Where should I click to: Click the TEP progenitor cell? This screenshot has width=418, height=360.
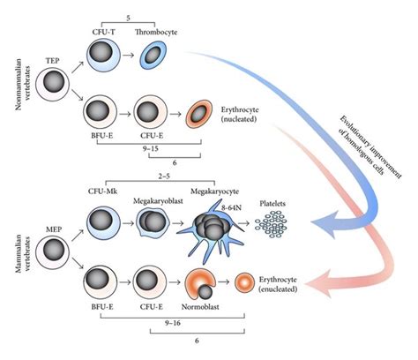click(x=55, y=83)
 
